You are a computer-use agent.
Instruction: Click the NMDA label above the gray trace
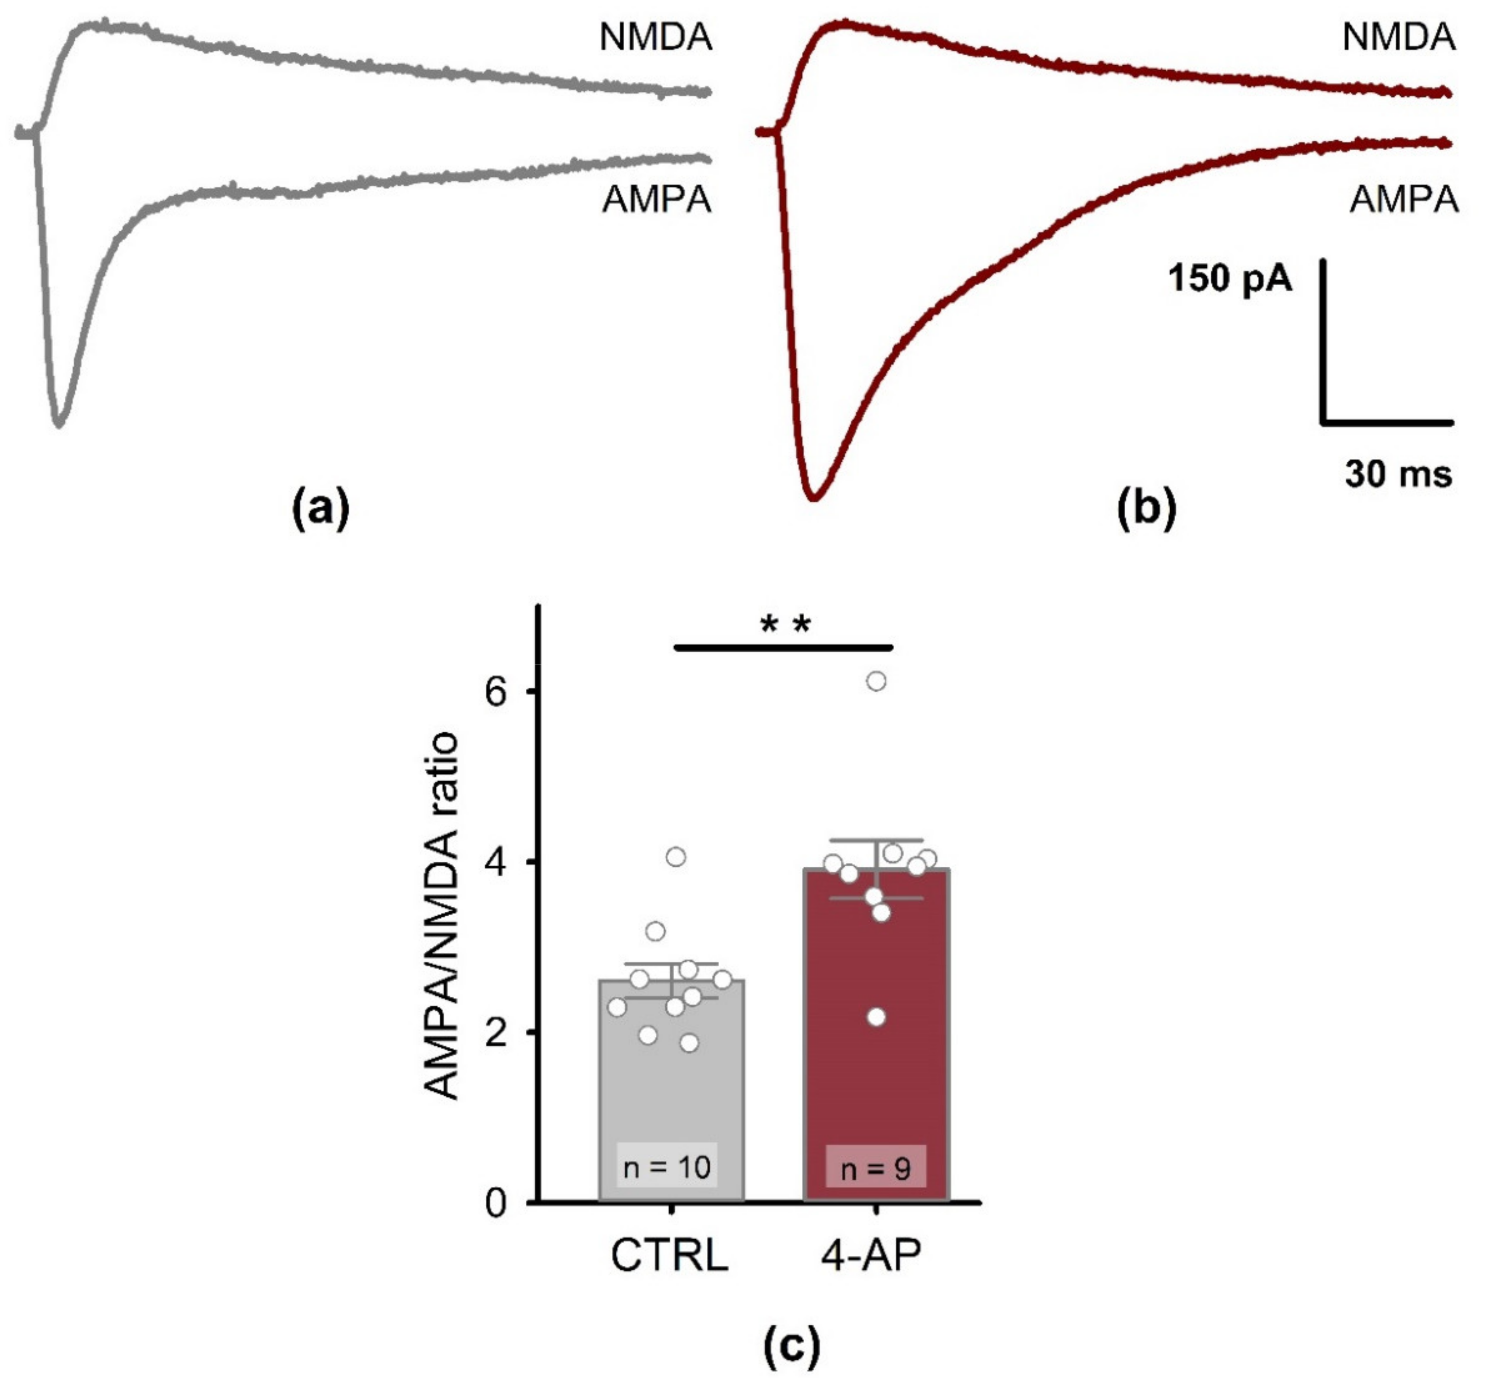click(655, 38)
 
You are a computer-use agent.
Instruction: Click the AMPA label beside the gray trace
click(656, 200)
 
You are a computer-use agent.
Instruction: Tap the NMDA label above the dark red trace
click(1398, 38)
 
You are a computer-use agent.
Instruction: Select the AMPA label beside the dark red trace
click(1403, 200)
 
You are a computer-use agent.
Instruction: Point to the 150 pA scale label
click(1230, 279)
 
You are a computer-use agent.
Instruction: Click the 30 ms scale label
click(1398, 474)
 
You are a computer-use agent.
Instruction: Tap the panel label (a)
click(320, 509)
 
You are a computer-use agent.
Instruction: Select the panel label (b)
click(1146, 509)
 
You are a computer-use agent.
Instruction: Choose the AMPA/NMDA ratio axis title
click(441, 917)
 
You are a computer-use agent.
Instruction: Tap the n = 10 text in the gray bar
click(667, 1167)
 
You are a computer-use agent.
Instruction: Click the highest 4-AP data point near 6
click(876, 682)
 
